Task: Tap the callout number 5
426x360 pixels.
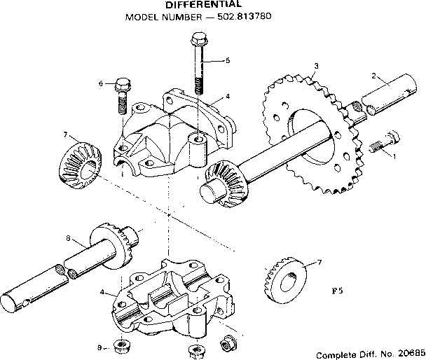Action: [228, 61]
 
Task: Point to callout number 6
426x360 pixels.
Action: [101, 83]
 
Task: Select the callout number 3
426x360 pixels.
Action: [316, 66]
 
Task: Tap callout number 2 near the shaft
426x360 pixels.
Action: [375, 75]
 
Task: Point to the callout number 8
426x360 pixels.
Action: [68, 239]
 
